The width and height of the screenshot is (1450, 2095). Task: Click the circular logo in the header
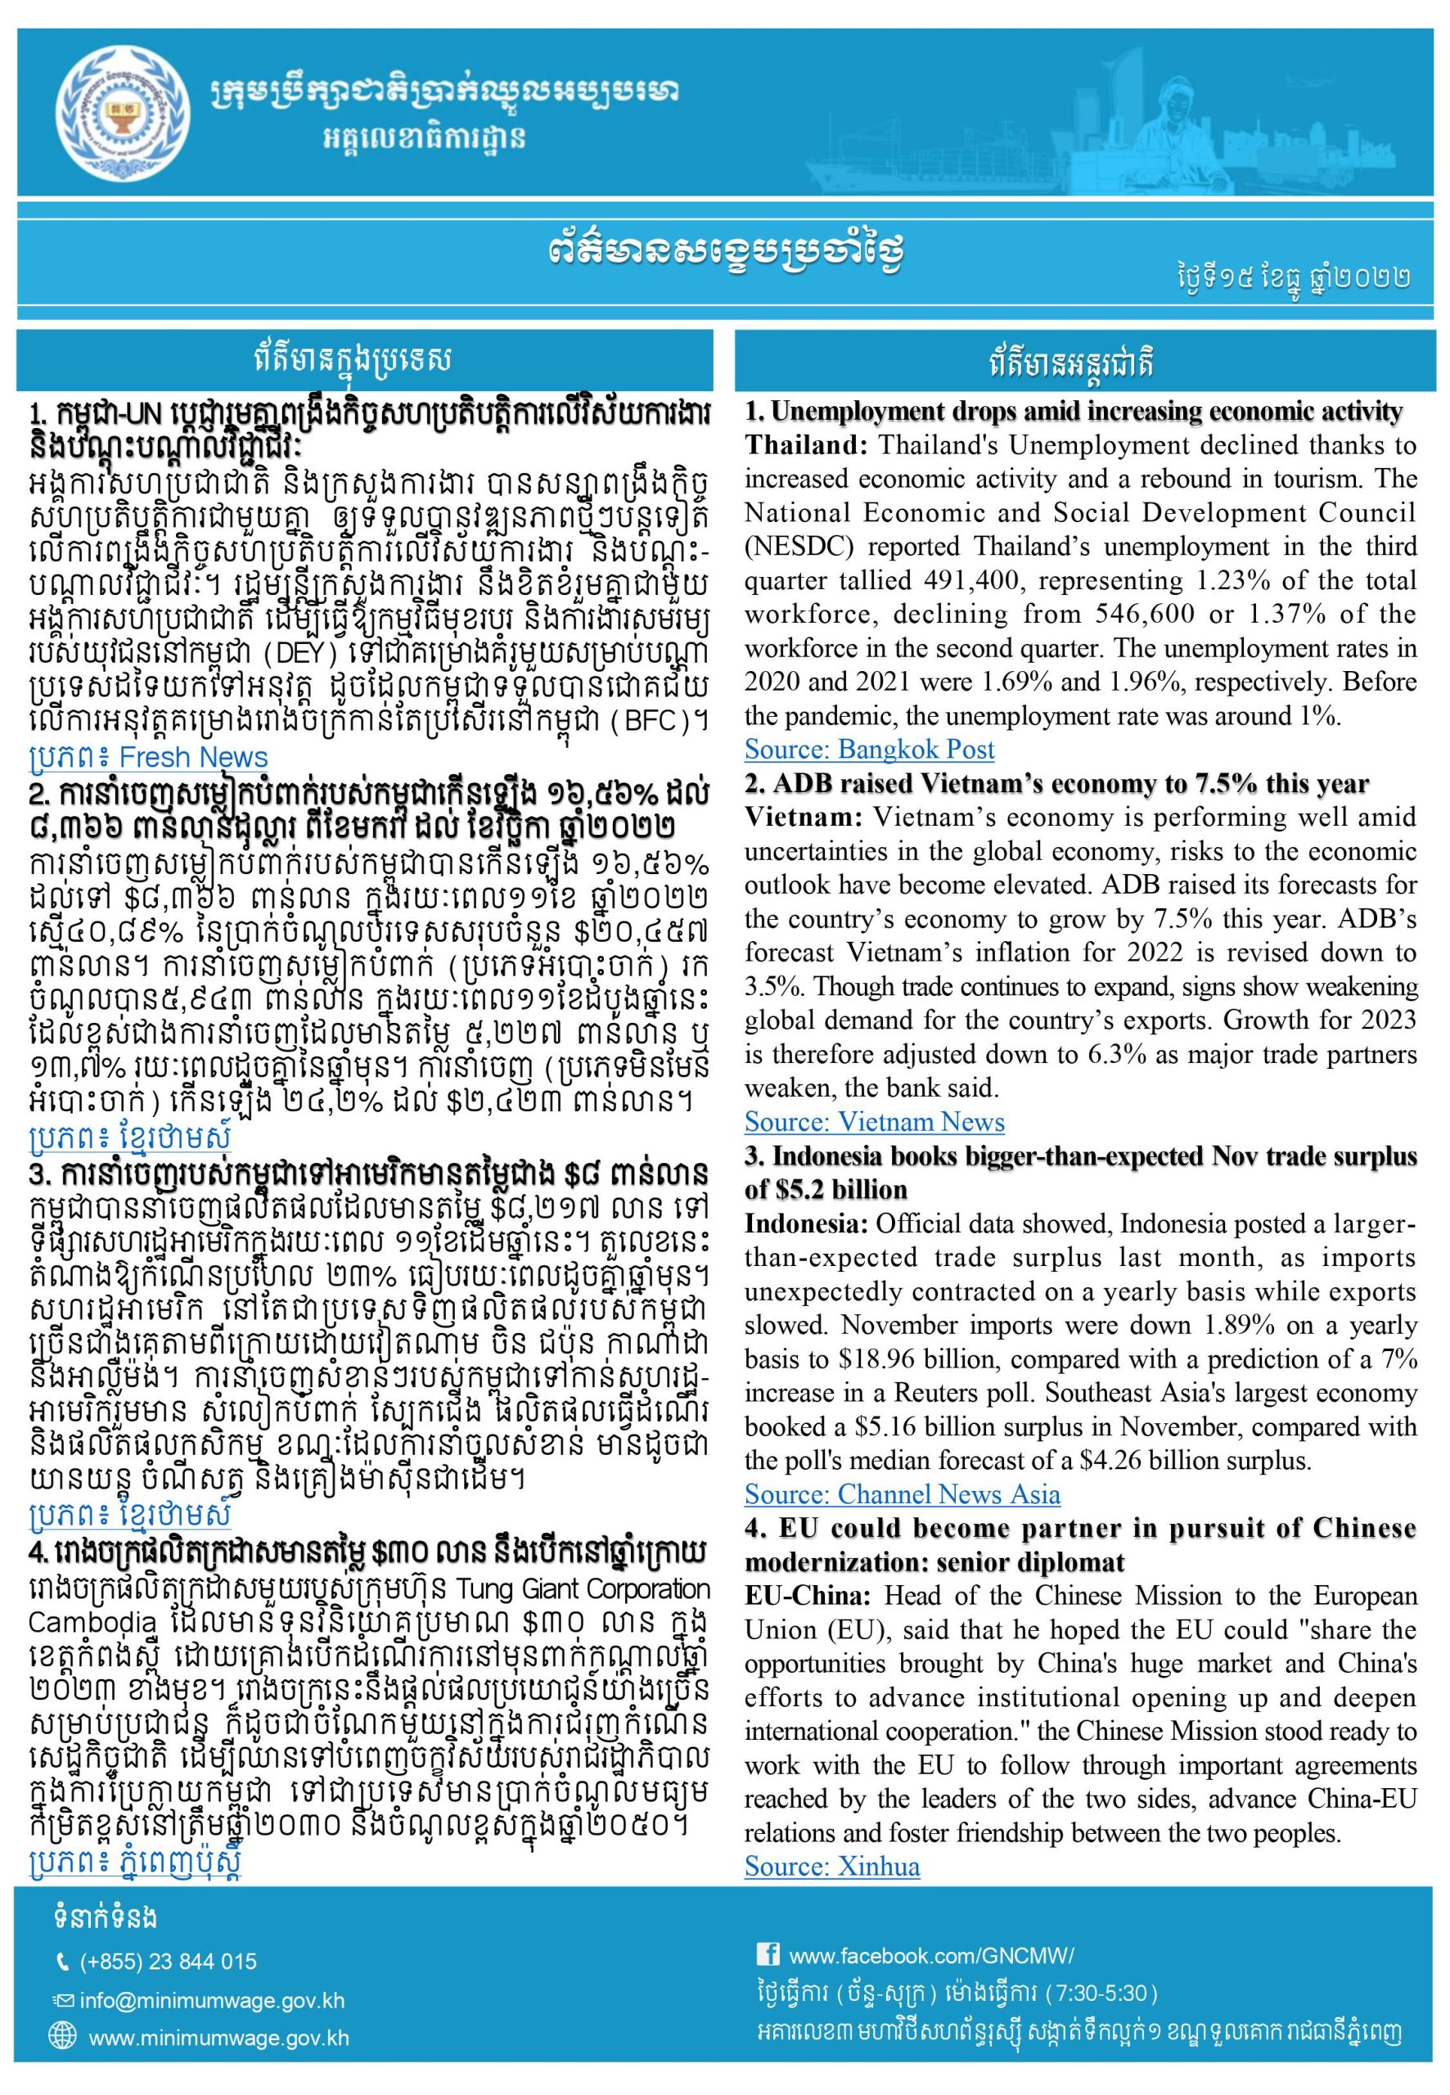(x=124, y=113)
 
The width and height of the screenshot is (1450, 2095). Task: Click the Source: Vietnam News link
(x=874, y=1122)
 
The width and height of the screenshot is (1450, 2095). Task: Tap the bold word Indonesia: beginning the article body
(x=806, y=1223)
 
